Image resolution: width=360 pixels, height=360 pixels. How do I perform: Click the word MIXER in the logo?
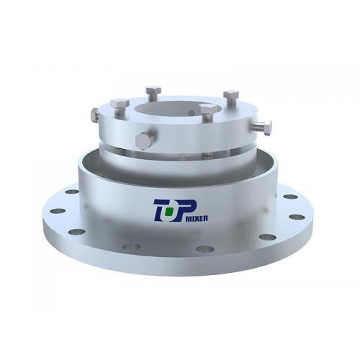pos(197,218)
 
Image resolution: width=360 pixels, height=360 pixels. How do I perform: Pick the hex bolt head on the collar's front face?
pos(143,141)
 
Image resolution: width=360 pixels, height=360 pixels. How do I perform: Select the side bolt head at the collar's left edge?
pos(95,114)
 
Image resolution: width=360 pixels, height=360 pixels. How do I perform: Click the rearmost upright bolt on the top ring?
pos(153,93)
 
